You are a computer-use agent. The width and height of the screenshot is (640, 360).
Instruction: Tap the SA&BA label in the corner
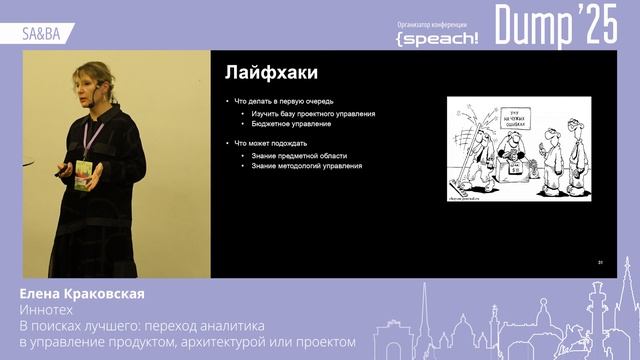pyautogui.click(x=40, y=33)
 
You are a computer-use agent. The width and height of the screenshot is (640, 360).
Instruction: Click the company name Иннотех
pyautogui.click(x=47, y=310)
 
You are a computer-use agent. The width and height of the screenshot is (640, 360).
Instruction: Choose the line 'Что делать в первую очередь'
pyautogui.click(x=284, y=102)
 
